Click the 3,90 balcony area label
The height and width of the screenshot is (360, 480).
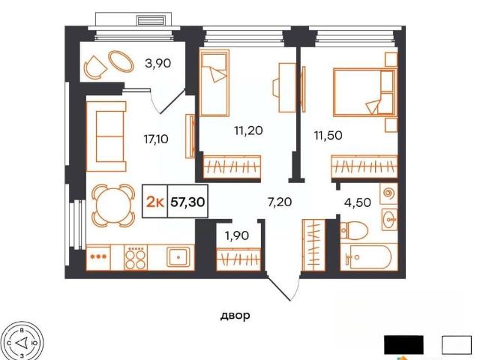pos(157,63)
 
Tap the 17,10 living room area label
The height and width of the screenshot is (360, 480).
pos(156,139)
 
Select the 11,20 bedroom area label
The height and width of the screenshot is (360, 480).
pos(248,130)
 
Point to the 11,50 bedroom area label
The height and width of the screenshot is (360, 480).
pos(328,135)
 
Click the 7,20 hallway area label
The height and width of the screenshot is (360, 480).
pos(280,202)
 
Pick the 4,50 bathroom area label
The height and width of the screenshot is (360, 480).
pos(358,202)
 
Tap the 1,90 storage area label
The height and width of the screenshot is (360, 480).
pos(237,235)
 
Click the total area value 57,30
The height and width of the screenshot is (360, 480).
pos(187,202)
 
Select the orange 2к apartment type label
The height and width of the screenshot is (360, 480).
pos(155,202)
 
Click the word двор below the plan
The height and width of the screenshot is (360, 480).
pos(235,315)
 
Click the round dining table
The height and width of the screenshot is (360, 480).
pos(113,205)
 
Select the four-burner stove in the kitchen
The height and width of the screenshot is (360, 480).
pos(136,257)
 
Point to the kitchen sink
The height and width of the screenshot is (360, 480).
pos(178,257)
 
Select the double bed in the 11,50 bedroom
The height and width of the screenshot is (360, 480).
pos(364,92)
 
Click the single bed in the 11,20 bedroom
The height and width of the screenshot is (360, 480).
pos(214,83)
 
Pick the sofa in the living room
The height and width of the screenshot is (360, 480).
pos(106,136)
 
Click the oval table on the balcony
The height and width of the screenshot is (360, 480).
pos(121,61)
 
